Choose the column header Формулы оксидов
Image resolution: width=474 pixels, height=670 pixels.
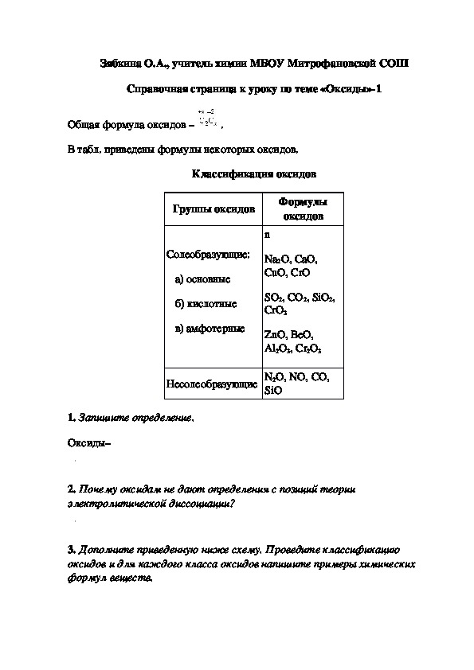click(303, 209)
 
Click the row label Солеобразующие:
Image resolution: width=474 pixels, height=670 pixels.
click(208, 255)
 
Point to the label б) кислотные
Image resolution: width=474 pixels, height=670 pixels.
click(205, 304)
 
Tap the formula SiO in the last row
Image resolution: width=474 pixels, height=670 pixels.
click(272, 391)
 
